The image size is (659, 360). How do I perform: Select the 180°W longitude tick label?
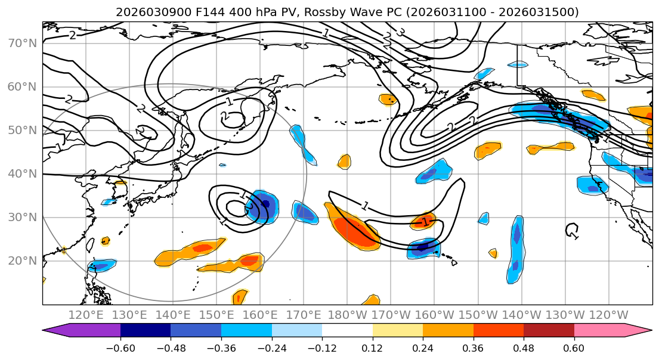pos(347,315)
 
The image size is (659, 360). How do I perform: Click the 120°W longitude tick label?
pos(608,315)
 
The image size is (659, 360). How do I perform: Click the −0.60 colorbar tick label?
pos(120,347)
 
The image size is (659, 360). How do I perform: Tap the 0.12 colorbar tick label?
pos(372,347)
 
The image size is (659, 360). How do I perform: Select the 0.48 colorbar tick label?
pos(524,347)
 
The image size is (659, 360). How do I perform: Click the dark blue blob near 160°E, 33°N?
pos(262,206)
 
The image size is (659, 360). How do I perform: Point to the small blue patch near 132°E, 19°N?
pos(101,265)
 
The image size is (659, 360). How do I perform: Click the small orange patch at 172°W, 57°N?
pos(388,99)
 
